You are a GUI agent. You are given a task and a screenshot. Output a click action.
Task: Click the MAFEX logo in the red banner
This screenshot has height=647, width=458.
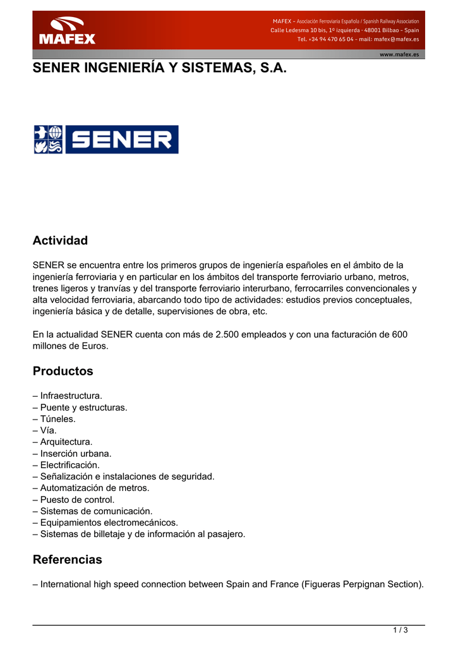(x=67, y=31)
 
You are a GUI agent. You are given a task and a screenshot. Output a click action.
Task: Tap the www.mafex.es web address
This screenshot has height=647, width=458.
(x=399, y=54)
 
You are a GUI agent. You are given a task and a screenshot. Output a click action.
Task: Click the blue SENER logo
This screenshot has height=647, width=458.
(x=106, y=140)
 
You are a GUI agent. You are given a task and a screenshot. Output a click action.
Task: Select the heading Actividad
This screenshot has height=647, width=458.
(x=60, y=241)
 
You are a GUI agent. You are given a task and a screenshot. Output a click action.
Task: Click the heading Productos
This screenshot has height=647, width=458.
(x=63, y=371)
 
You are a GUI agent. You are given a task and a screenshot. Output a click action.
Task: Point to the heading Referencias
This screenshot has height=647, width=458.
(x=67, y=560)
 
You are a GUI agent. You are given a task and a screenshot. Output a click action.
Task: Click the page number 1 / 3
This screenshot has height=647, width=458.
(x=401, y=630)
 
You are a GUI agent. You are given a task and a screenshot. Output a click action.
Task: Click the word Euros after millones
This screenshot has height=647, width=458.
(x=94, y=346)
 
